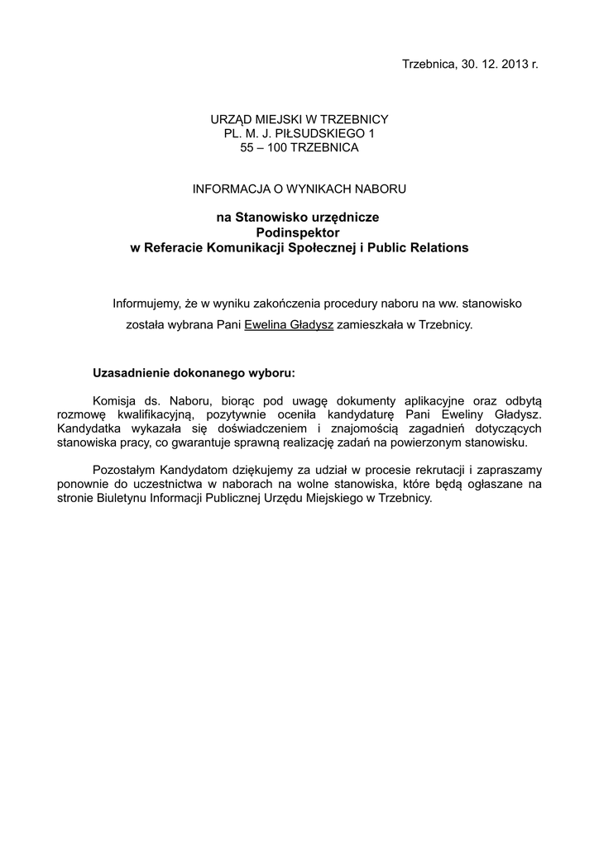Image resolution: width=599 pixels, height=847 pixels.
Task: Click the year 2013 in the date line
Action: pyautogui.click(x=512, y=64)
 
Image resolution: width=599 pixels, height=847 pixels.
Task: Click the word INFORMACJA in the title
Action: pyautogui.click(x=226, y=189)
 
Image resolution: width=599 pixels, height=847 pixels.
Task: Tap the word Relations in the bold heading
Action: pyautogui.click(x=441, y=247)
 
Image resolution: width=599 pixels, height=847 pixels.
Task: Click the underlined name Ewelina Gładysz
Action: pyautogui.click(x=289, y=325)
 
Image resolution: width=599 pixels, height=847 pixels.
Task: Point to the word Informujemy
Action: pyautogui.click(x=146, y=304)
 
